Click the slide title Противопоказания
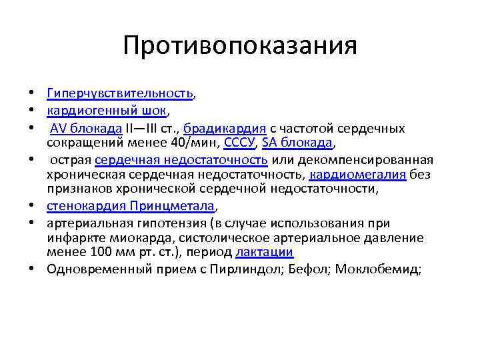(240, 46)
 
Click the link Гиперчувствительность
(120, 95)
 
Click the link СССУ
(237, 143)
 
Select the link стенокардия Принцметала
(131, 207)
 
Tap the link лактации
(265, 253)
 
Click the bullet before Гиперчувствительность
(31, 95)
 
